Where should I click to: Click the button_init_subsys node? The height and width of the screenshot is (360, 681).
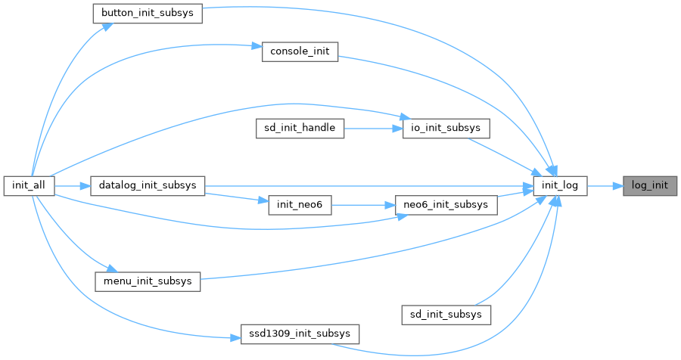(147, 14)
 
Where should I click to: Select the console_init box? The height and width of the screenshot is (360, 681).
(299, 51)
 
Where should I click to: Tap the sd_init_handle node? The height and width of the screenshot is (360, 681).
(300, 129)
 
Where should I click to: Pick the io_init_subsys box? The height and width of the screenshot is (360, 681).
(445, 129)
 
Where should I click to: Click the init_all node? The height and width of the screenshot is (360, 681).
(28, 186)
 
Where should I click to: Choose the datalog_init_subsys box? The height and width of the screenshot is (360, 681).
(148, 186)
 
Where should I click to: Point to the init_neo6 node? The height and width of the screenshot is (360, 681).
(300, 206)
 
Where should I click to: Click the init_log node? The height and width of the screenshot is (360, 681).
(560, 186)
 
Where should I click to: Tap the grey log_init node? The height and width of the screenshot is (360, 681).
(650, 186)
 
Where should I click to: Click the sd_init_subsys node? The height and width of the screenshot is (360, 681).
(446, 313)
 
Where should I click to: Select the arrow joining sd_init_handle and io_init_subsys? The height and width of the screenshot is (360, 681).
(372, 129)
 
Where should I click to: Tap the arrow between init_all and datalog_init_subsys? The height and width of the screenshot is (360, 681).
(73, 186)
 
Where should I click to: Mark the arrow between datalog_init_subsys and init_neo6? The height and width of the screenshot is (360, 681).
(236, 198)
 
